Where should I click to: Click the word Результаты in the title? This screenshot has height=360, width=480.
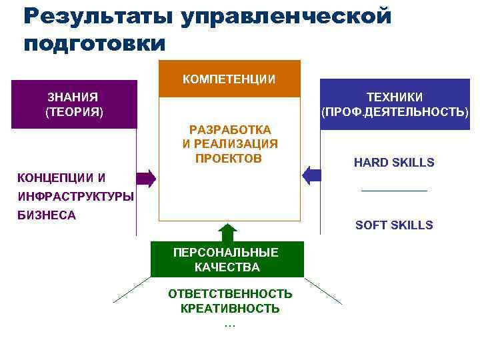point(97,16)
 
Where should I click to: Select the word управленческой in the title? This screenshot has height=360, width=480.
point(286,16)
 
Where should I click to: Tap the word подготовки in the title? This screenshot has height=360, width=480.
point(94,43)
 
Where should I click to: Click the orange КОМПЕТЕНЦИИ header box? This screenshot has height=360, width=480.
point(229,79)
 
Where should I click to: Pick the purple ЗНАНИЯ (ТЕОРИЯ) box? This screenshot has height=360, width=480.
point(75,105)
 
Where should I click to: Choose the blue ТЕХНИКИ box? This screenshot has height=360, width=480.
point(395,105)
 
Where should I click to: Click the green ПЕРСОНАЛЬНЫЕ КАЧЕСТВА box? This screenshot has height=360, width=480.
point(227,259)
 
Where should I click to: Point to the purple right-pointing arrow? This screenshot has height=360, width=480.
point(147,178)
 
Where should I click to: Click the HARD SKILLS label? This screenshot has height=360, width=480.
point(394,163)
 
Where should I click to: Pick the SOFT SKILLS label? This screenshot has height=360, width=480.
point(394,225)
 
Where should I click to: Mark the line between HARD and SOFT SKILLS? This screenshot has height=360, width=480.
point(394,192)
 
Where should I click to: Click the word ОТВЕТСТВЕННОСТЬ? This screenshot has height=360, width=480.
point(230,294)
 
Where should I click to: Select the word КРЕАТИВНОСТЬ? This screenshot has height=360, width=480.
point(230,309)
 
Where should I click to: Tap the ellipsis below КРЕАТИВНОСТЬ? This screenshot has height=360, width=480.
point(230,324)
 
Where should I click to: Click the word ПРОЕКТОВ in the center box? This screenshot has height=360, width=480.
point(229,158)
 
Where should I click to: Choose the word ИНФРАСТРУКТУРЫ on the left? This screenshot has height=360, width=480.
point(75,197)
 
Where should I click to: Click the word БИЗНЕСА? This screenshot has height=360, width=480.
point(47,215)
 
